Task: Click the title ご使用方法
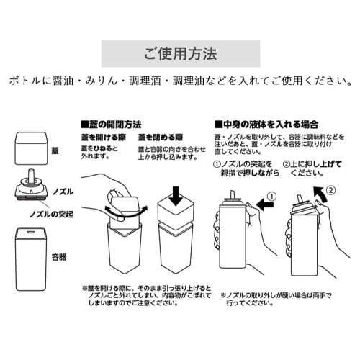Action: [x=179, y=54]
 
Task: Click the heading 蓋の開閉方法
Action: [x=114, y=124]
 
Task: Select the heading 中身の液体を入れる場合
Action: [x=266, y=124]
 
